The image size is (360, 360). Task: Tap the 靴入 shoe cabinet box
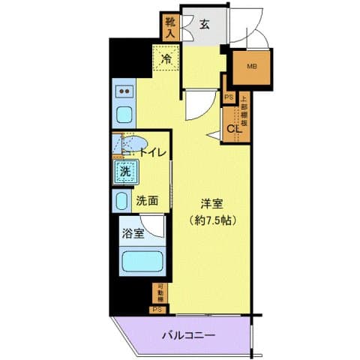click(169, 27)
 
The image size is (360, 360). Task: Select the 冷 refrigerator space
click(165, 56)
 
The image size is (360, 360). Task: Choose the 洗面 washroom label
click(147, 200)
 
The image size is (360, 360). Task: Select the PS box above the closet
click(229, 96)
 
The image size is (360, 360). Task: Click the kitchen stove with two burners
click(124, 91)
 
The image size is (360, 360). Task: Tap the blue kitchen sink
click(124, 115)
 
